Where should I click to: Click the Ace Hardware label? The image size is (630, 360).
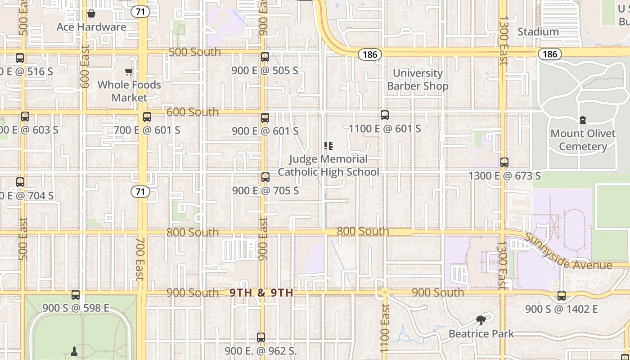pos(91,27)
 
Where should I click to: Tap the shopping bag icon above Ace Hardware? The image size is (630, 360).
pos(91,13)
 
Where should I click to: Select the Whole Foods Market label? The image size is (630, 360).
pos(129,91)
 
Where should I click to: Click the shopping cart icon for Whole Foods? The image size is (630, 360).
pos(129,72)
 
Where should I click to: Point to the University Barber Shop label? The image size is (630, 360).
pos(418,80)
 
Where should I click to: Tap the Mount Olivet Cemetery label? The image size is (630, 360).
pos(583,140)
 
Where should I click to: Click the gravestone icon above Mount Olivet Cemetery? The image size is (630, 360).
pos(583,120)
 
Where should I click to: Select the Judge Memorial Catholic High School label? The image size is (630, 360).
pos(328,166)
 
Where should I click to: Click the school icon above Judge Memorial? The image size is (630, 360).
pos(328,145)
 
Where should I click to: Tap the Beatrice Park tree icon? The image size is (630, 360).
pos(481,320)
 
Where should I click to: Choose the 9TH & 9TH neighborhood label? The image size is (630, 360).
pos(261,293)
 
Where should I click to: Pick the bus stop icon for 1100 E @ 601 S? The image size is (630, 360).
pos(385,115)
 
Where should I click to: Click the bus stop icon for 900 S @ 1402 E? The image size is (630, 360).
pos(562,296)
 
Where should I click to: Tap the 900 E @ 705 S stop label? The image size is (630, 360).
pos(265,191)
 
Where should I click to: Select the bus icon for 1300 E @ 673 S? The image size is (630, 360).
pos(504,162)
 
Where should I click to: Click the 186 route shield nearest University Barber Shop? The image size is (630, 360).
pos(370,54)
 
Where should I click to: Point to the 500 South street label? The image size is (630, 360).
pos(195,52)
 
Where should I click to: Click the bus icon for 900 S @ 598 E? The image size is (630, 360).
pos(76,295)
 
